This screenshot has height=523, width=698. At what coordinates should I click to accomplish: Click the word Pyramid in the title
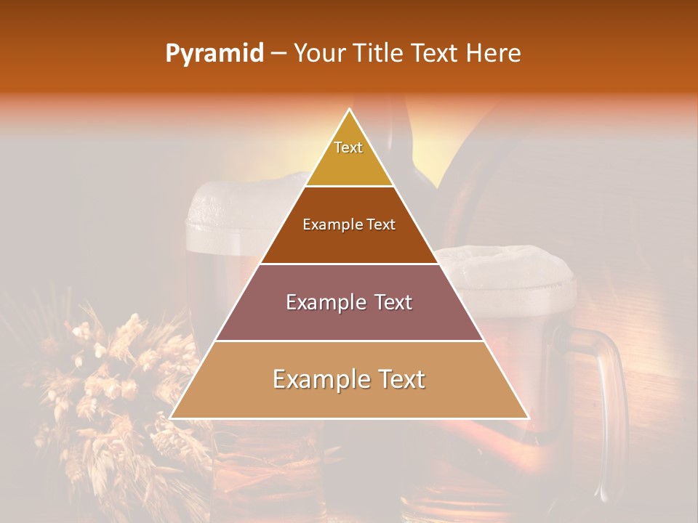[214, 54]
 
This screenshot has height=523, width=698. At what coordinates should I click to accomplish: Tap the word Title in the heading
[381, 54]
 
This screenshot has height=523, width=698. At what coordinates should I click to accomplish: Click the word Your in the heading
[319, 54]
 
